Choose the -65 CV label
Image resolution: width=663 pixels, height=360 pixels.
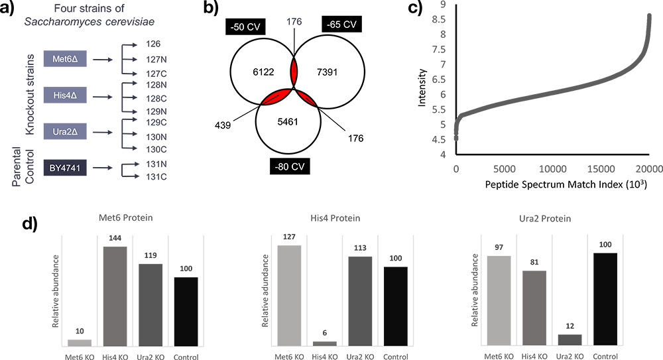pos(341,25)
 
